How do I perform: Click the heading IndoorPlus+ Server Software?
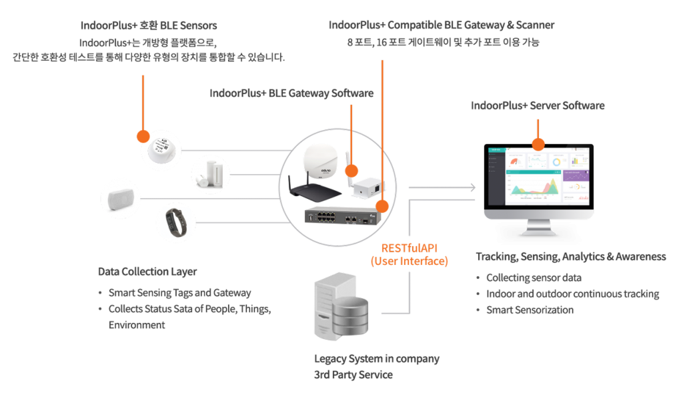pyautogui.click(x=538, y=105)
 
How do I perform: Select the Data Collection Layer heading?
pyautogui.click(x=147, y=272)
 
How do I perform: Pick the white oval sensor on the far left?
pyautogui.click(x=121, y=198)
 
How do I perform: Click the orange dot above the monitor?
pyautogui.click(x=537, y=143)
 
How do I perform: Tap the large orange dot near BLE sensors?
pyautogui.click(x=143, y=136)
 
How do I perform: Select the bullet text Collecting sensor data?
pyautogui.click(x=534, y=278)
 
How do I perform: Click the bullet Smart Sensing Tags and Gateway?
pyautogui.click(x=179, y=293)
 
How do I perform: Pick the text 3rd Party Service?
pyautogui.click(x=354, y=375)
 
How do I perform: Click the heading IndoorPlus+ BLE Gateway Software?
pyautogui.click(x=291, y=93)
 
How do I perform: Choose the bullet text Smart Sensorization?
pyautogui.click(x=530, y=310)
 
